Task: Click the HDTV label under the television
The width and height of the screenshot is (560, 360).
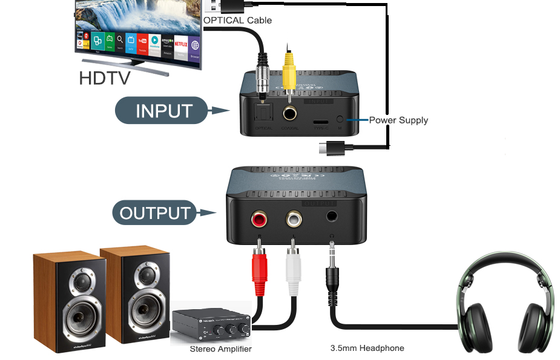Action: (x=104, y=79)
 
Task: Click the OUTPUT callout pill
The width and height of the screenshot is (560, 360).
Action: (x=154, y=213)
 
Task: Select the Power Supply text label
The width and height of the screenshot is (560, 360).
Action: (x=398, y=120)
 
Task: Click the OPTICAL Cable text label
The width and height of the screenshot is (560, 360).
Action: (x=238, y=20)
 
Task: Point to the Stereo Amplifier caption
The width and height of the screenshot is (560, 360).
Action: (x=220, y=349)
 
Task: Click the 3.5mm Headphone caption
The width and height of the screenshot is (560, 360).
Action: (x=367, y=348)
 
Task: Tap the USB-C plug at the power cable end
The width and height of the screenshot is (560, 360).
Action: (x=333, y=147)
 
